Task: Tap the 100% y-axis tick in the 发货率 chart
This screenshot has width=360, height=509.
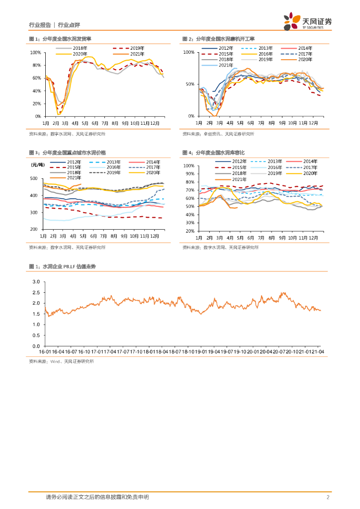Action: point(35,52)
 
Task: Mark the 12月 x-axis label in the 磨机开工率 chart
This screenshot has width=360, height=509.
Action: point(313,122)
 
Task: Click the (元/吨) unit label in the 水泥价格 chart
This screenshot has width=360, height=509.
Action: point(37,164)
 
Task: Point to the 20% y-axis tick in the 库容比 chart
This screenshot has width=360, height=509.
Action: point(189,231)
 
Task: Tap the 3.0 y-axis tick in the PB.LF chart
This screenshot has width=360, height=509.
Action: point(36,281)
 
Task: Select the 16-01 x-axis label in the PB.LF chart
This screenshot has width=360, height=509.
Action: point(46,351)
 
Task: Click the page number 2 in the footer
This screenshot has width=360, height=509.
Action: point(328,497)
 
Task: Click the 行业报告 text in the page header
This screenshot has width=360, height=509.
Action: point(39,24)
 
